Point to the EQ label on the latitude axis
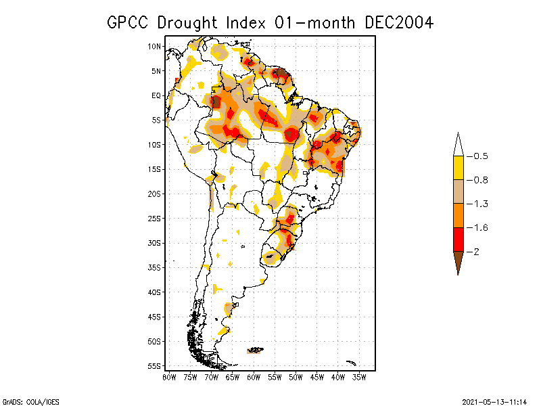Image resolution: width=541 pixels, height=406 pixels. (x=156, y=95)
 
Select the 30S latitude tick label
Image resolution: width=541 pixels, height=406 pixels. (x=154, y=243)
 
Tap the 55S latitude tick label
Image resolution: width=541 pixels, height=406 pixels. (x=154, y=366)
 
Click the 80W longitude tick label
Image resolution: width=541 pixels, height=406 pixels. (x=169, y=377)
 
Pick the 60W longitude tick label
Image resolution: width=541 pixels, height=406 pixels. (x=254, y=377)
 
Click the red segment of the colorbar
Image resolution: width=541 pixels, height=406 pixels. (x=458, y=239)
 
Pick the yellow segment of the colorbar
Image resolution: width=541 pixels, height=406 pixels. (x=458, y=167)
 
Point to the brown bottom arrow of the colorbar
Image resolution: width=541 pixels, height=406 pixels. (x=458, y=262)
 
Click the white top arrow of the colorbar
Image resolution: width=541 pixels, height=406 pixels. (x=458, y=145)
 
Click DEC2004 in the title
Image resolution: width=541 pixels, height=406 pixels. (x=399, y=22)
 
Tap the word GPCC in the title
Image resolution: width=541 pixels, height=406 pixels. (x=128, y=22)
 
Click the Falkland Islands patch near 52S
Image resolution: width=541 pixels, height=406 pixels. (x=256, y=350)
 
